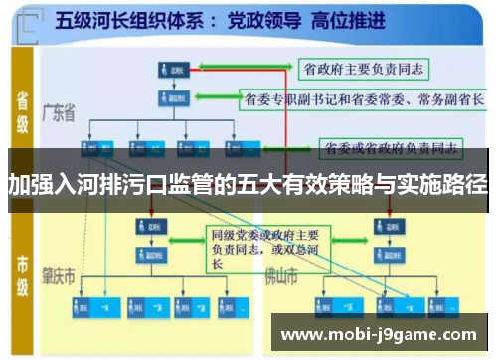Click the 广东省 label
click(59, 114)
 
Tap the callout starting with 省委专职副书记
click(363, 99)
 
